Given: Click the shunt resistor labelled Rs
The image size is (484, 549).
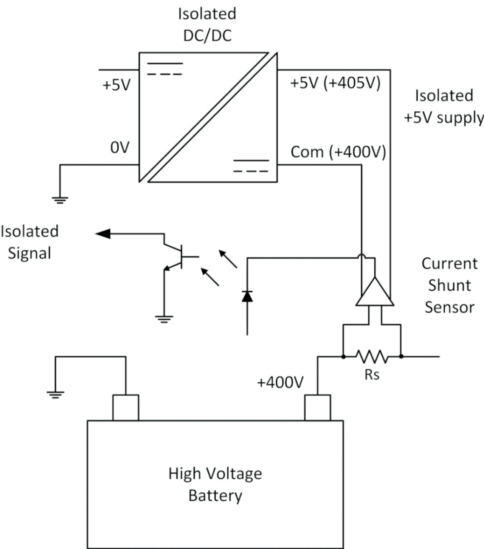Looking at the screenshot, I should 372,356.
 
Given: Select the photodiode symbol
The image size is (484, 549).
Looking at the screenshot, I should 247,296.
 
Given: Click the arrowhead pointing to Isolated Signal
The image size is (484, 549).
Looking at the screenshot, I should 103,234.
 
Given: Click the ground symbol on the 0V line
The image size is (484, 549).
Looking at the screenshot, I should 60,200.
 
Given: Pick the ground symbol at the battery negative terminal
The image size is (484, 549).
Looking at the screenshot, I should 55,395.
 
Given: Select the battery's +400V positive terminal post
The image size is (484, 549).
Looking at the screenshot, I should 318,407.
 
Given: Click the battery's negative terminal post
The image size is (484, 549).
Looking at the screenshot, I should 126,407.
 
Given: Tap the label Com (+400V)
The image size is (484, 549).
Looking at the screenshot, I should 338,152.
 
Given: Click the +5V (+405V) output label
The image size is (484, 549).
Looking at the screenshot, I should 335,83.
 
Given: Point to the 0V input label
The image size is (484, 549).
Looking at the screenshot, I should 120,148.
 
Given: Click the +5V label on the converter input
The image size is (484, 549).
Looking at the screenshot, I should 116,85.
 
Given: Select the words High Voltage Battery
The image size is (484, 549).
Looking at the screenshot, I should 215,484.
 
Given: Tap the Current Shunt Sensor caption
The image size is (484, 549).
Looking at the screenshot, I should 449,285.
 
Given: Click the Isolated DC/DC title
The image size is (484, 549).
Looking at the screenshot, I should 207,25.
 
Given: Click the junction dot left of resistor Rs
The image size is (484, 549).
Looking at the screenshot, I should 343,356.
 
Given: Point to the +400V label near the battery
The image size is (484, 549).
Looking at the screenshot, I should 280,383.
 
